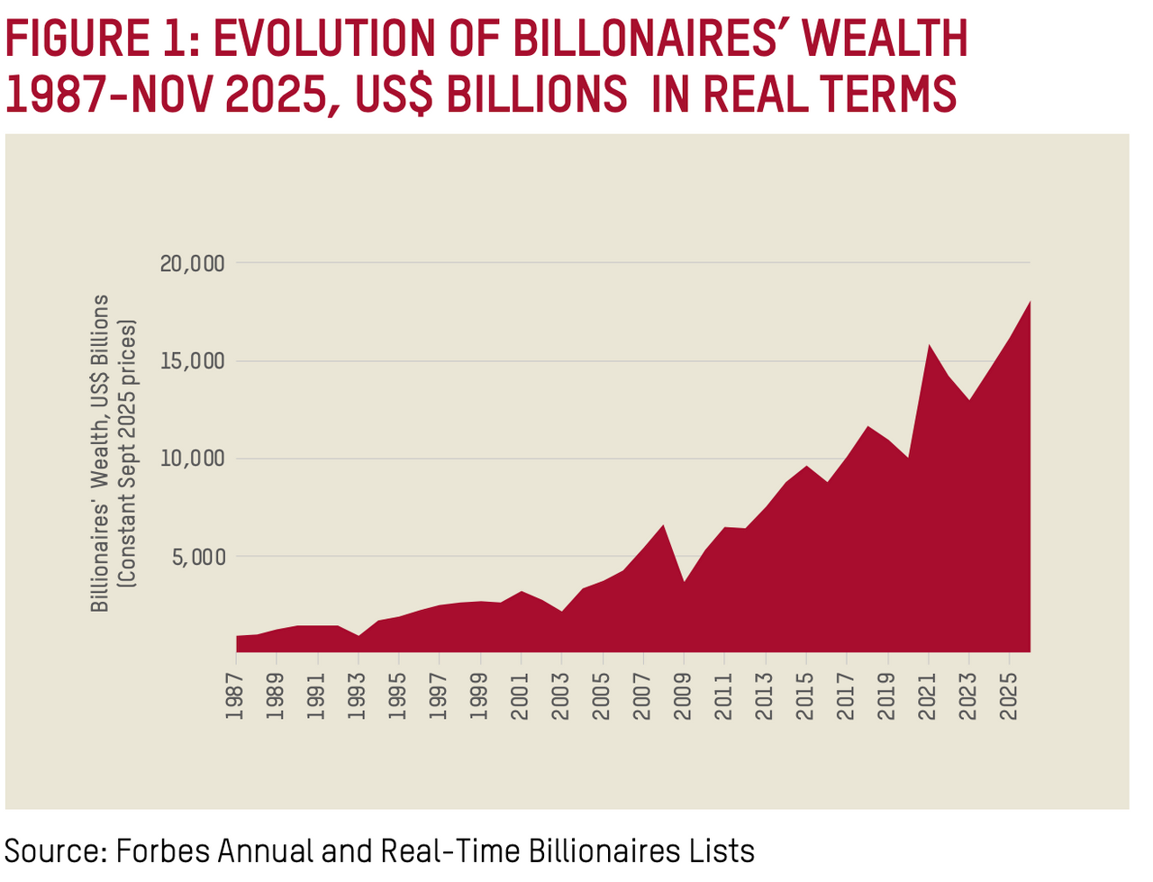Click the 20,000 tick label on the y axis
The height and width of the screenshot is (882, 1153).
[x=192, y=264]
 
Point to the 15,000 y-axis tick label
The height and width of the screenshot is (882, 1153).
[x=192, y=361]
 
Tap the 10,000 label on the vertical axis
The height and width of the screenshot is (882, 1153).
[x=192, y=459]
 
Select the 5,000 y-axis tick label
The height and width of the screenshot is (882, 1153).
[x=197, y=557]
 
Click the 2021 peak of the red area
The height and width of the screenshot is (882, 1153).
[x=929, y=345]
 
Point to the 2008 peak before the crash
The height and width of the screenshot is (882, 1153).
[x=664, y=525]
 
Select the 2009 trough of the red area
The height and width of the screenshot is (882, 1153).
[x=685, y=581]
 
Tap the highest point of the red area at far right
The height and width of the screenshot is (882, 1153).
[x=1030, y=302]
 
